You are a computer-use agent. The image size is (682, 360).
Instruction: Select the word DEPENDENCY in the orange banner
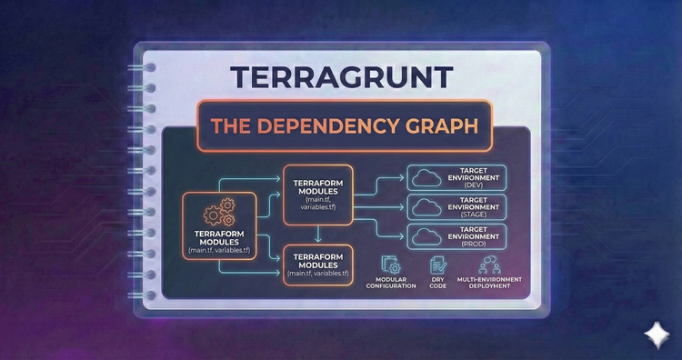(x=330, y=126)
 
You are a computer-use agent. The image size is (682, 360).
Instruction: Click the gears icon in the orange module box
(x=218, y=214)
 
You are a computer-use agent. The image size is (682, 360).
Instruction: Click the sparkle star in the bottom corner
(x=654, y=334)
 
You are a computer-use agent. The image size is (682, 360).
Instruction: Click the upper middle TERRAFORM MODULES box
(x=318, y=194)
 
